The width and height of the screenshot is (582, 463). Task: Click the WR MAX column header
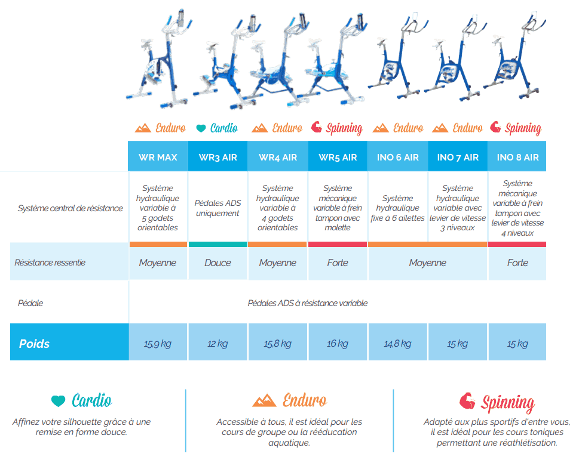pos(158,158)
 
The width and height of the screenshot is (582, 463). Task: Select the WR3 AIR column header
pos(218,158)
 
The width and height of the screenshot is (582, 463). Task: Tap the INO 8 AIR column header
pos(517,158)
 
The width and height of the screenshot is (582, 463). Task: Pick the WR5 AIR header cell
pos(338,158)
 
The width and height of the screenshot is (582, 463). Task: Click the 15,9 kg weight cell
pos(158,344)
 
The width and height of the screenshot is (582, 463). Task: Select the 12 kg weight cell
pos(218,344)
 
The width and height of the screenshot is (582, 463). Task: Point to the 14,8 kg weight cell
pos(397,344)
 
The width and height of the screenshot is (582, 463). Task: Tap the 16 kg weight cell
pos(338,344)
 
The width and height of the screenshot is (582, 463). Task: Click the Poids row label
pos(35,344)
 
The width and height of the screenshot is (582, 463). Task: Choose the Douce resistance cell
pos(218,263)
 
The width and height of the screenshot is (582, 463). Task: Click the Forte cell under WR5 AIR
pos(338,263)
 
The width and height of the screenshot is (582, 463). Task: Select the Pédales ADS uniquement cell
pos(218,208)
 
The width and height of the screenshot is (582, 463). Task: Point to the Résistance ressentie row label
pos(50,263)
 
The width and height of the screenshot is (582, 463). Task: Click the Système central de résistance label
pos(70,208)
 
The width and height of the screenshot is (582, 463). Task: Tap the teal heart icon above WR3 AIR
pos(201,128)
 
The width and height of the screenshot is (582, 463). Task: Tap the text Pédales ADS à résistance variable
pos(308,303)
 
